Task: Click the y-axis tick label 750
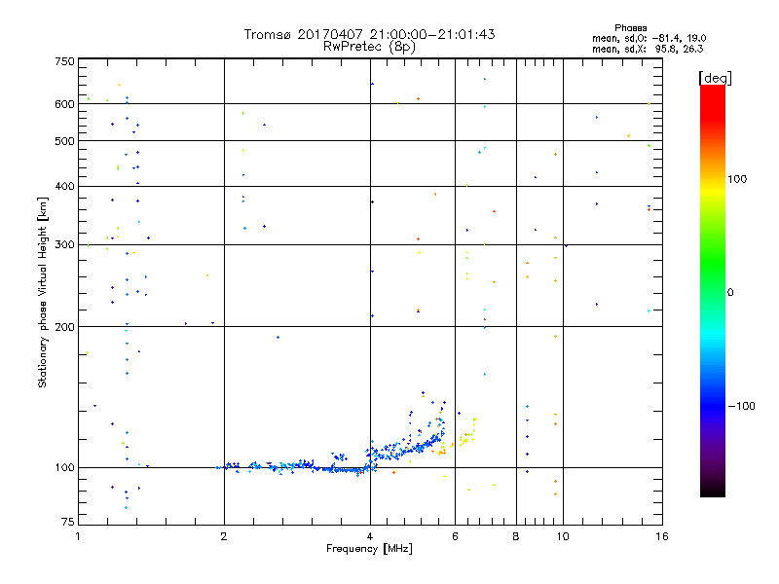[x=64, y=61]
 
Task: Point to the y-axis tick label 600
[x=64, y=104]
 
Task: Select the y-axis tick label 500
[x=64, y=141]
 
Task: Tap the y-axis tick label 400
[x=64, y=187]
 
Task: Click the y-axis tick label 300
[x=64, y=244]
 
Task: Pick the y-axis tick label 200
[x=64, y=327]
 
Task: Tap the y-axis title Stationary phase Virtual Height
[x=42, y=292]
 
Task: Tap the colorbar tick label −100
[x=742, y=406]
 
